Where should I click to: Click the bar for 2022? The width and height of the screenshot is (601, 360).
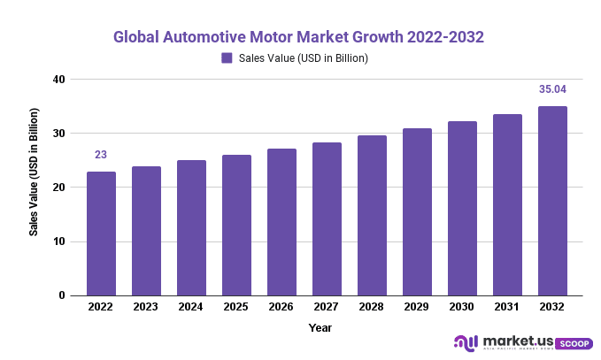coord(101,234)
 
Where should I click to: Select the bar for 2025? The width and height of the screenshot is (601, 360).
coord(236,226)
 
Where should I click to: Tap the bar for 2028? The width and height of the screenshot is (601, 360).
coord(372,216)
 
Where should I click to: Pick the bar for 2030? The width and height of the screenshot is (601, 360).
coord(462,209)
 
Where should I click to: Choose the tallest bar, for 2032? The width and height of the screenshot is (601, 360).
coord(552,201)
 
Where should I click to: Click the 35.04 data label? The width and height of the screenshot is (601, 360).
coord(552,89)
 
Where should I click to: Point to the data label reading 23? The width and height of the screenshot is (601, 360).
coord(101,155)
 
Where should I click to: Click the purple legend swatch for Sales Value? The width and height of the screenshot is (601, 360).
coord(227,58)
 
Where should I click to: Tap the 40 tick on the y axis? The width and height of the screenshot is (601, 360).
coord(58,80)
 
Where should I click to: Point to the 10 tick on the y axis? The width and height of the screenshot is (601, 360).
coord(58,241)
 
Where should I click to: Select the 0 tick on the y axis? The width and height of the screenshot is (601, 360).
coord(62,295)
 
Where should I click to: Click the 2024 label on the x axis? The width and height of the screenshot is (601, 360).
coord(191,307)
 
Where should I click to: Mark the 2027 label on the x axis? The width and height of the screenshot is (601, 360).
coord(327,307)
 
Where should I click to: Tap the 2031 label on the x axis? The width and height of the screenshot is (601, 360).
coord(507,307)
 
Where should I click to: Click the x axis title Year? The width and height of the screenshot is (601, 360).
coord(320,328)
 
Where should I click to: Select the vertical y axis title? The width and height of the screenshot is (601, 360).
coord(34,172)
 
